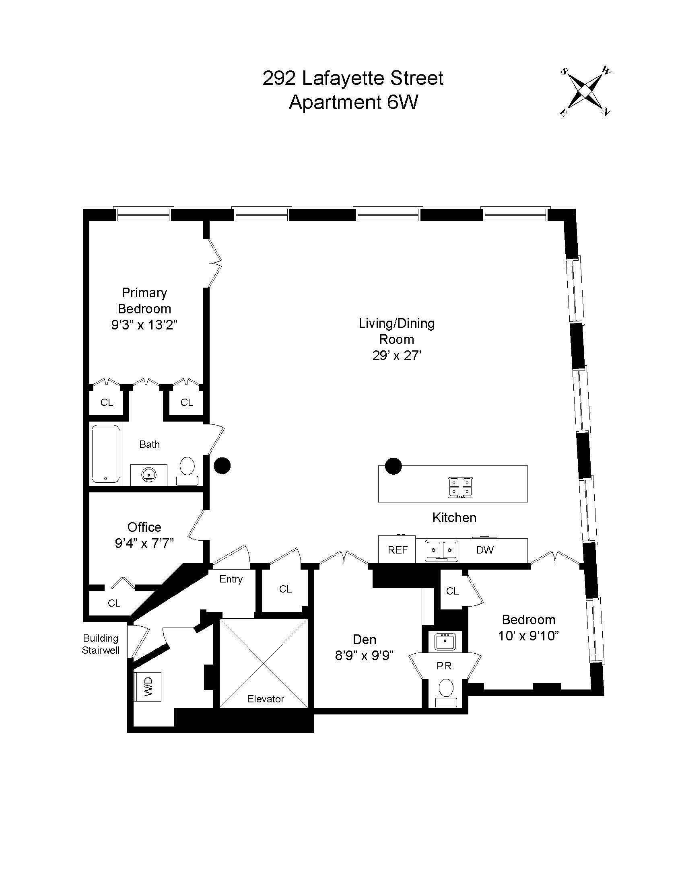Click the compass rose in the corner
586,92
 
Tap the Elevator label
266,699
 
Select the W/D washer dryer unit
148,686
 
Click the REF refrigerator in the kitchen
397,550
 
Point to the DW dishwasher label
485,550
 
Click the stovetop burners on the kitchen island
461,488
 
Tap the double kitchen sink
441,550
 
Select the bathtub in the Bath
105,453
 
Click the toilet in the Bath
187,470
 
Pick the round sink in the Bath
149,475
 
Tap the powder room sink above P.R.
445,642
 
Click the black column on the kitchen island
393,466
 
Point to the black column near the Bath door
222,465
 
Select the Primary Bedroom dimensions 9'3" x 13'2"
144,325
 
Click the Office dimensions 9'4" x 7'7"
144,543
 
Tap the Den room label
364,639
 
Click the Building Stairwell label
101,644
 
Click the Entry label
231,579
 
